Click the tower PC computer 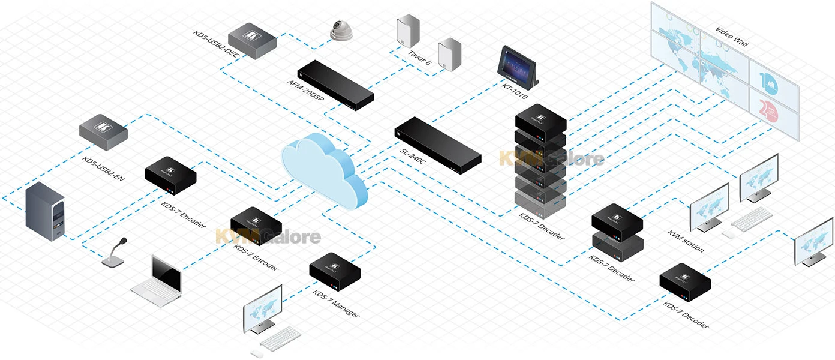(x=44, y=212)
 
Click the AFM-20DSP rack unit (x=337, y=85)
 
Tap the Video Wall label (x=732, y=37)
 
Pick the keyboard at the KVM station (x=752, y=219)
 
